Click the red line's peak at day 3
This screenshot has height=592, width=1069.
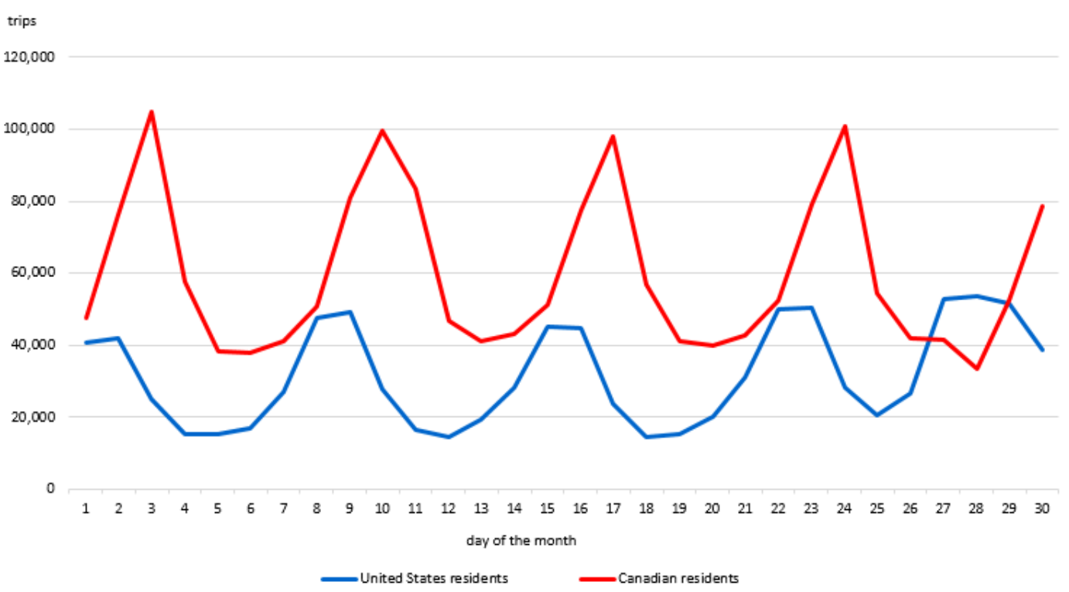152,112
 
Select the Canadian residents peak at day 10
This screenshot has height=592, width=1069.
382,131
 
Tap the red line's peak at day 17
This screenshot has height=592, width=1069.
613,136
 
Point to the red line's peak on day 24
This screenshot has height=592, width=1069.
845,126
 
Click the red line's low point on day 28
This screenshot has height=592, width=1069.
977,368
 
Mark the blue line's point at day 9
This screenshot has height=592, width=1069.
350,312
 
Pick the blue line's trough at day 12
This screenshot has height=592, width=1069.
449,437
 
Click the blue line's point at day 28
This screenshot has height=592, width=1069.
977,296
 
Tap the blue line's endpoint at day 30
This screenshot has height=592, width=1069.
1043,350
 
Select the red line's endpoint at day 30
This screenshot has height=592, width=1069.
1043,206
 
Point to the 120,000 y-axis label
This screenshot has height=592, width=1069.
29,56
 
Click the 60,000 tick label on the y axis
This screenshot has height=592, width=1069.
32,273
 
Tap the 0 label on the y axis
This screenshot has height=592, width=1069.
50,489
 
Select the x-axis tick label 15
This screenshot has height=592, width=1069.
547,508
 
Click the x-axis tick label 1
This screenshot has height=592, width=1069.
86,508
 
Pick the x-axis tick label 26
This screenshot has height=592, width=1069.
910,508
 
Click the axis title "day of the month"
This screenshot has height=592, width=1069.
521,541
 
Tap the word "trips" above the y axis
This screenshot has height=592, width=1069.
22,21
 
